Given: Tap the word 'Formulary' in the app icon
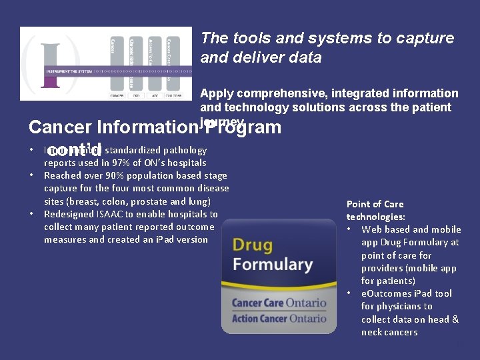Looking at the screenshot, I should (272, 264).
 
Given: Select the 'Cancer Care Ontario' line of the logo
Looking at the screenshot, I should (279, 303).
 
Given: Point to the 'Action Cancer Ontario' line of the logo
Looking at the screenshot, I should (279, 318).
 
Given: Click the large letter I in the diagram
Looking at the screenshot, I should (51, 63).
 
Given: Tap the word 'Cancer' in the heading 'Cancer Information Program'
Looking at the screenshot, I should (61, 127).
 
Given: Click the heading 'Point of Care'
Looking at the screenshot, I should (375, 204).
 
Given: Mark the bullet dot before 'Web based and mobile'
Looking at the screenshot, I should (350, 230).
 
